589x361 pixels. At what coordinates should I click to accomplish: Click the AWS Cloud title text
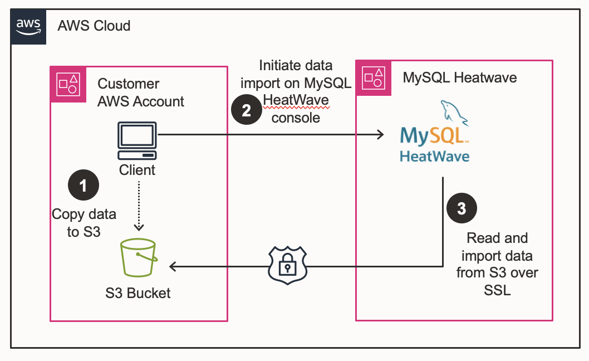coord(94,26)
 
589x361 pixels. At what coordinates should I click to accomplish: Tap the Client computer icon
coord(137,141)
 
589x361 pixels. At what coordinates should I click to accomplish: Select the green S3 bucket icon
coord(138,258)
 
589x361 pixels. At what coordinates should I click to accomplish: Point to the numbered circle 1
coord(84,186)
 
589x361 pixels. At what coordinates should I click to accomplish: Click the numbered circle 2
coord(247,110)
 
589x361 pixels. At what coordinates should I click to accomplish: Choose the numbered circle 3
coord(462,209)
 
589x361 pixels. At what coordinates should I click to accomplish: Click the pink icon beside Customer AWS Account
coord(68,84)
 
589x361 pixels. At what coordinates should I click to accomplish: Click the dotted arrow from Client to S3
coord(139,206)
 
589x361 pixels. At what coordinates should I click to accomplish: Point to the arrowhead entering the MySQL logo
coord(380,134)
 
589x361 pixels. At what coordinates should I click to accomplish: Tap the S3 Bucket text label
coord(138,292)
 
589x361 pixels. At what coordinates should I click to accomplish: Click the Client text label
coord(137,170)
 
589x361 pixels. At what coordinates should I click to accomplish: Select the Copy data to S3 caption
coord(84,223)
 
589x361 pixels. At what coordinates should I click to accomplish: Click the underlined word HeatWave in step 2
coord(296,101)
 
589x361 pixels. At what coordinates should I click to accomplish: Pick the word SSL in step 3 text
coord(497,290)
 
